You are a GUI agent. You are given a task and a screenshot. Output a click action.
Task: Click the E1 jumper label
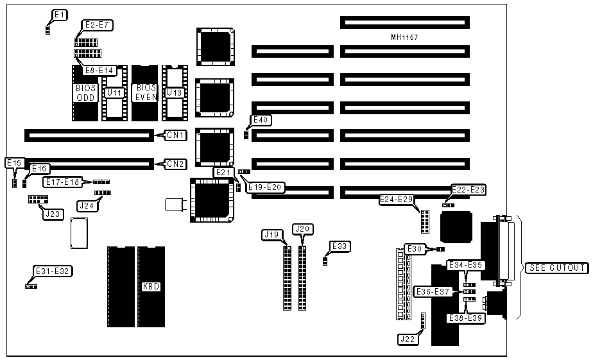click(60, 14)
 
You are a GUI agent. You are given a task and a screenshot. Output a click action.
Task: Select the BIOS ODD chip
click(85, 92)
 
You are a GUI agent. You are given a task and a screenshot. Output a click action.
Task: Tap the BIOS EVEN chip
click(145, 92)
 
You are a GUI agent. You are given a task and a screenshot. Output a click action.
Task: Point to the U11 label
click(115, 93)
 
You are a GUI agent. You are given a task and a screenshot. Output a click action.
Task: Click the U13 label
click(174, 93)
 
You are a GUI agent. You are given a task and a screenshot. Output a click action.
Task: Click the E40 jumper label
click(261, 120)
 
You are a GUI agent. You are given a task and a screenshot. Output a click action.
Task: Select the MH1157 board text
click(404, 38)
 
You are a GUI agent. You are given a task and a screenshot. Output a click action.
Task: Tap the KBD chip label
click(151, 286)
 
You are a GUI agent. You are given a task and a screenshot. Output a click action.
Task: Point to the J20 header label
click(302, 228)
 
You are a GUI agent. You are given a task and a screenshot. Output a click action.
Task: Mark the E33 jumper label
click(340, 246)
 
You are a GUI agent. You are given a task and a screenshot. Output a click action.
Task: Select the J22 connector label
click(407, 339)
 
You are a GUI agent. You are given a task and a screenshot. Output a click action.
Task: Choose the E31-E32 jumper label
click(53, 271)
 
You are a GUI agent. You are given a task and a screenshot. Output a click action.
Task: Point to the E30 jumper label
click(415, 248)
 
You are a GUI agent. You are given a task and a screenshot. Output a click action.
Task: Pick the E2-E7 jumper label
click(98, 26)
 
